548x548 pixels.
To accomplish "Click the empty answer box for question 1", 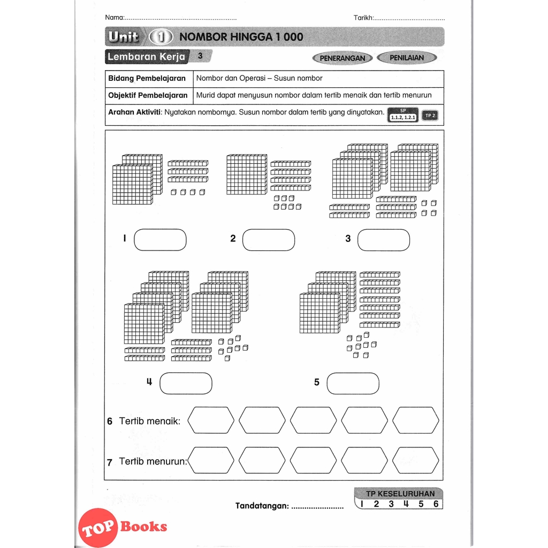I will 161,240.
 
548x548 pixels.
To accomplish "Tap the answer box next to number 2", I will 269,240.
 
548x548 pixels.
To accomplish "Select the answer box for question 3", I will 383,240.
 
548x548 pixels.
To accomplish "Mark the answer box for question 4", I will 186,383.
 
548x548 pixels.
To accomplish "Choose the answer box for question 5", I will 353,383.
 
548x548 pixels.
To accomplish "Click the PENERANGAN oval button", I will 342,58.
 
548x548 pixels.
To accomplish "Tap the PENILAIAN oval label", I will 407,58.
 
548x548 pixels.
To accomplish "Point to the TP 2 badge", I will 430,116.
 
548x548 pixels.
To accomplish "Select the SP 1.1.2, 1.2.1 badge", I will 403,115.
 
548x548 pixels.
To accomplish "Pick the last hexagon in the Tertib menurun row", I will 416,460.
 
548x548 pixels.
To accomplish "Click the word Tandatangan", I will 262,506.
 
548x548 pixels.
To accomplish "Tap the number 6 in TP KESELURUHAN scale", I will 436,504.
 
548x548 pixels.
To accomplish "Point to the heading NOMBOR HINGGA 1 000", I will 241,37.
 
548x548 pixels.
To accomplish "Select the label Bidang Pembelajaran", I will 147,79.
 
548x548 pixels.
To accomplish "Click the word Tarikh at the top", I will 363,18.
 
